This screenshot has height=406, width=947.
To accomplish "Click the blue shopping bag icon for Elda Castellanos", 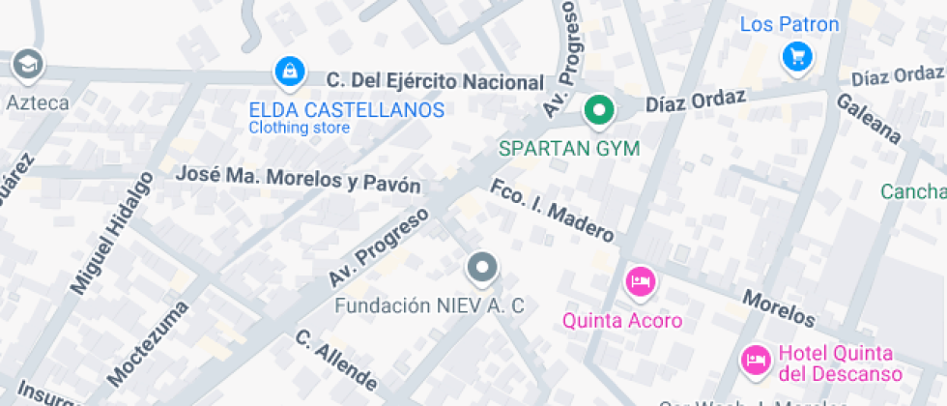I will [289, 70].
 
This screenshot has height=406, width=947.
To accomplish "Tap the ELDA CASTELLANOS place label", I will [346, 110].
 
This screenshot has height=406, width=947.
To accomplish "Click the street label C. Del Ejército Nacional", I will [435, 81].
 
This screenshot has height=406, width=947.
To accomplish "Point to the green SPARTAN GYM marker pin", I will [599, 111].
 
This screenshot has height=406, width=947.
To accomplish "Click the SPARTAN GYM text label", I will [570, 149].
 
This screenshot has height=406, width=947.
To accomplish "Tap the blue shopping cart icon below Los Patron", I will [796, 57].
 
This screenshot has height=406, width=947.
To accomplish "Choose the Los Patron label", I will [789, 25].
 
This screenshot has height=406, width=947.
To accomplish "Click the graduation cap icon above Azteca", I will [27, 66].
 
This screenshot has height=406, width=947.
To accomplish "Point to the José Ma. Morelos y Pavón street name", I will [300, 180].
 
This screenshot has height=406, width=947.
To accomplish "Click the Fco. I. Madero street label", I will [552, 211].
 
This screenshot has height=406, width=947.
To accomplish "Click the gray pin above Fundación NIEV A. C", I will [481, 267].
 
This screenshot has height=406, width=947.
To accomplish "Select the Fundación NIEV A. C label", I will [429, 305].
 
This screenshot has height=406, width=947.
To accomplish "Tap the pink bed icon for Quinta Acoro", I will [640, 282].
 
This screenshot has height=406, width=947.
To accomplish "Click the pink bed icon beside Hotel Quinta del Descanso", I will [755, 361].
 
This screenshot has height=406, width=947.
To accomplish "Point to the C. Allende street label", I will [335, 357].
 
